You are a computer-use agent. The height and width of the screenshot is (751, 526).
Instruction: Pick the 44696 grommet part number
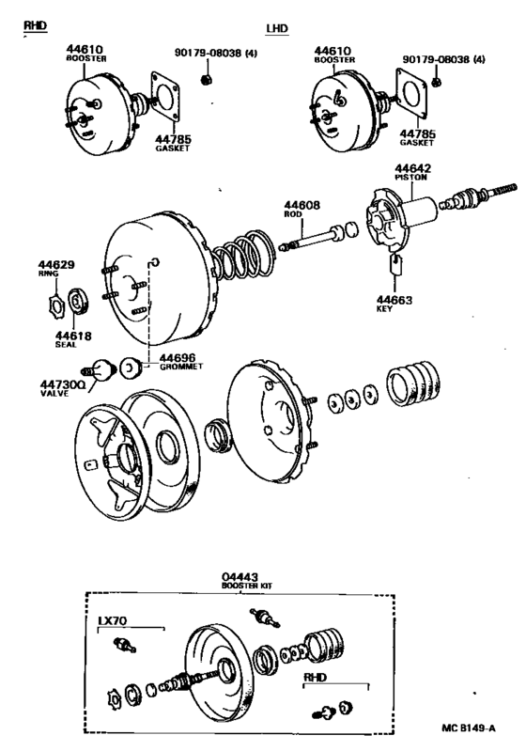(178, 358)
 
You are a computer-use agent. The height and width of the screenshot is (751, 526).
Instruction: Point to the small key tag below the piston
(395, 264)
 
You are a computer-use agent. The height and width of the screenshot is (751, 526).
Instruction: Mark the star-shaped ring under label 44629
(55, 304)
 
